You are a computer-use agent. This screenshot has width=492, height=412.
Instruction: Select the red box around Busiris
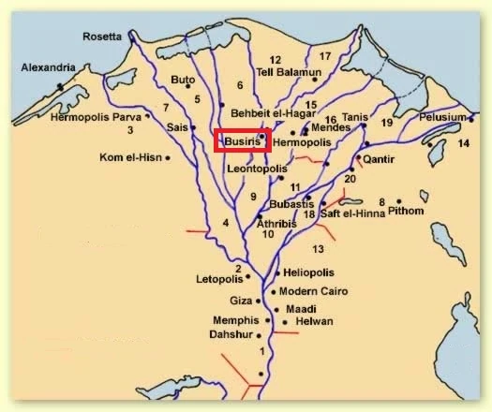[243, 140]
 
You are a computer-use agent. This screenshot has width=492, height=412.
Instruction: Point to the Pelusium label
[442, 117]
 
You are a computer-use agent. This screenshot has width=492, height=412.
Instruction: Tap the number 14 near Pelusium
[462, 143]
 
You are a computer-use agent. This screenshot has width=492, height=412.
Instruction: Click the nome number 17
[325, 57]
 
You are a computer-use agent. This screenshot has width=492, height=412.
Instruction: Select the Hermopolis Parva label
[113, 118]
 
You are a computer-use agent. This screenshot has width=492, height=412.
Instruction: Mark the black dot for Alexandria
[61, 86]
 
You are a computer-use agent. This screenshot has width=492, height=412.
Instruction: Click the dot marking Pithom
[399, 200]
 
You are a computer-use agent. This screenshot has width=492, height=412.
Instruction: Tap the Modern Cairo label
[314, 291]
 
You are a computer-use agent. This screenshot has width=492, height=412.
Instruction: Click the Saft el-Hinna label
[353, 213]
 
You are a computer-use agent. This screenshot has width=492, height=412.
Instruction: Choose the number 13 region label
[318, 248]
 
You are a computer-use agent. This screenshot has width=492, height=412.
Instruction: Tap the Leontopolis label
[257, 168]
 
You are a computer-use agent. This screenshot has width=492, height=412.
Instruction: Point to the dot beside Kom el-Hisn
[167, 158]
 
